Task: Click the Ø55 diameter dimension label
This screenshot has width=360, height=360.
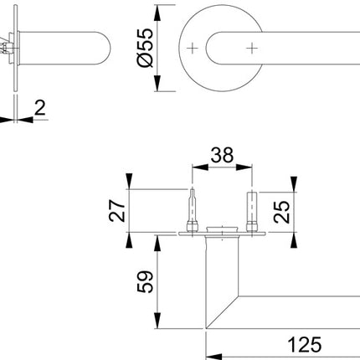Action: point(143,50)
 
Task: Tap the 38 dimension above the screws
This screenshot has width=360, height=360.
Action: point(222,156)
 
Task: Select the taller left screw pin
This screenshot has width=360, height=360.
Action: point(194,208)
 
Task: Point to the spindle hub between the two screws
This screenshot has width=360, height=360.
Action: point(222,229)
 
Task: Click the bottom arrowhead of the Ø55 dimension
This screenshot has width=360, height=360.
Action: point(157,85)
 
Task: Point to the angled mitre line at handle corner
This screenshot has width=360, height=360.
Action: point(223,311)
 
